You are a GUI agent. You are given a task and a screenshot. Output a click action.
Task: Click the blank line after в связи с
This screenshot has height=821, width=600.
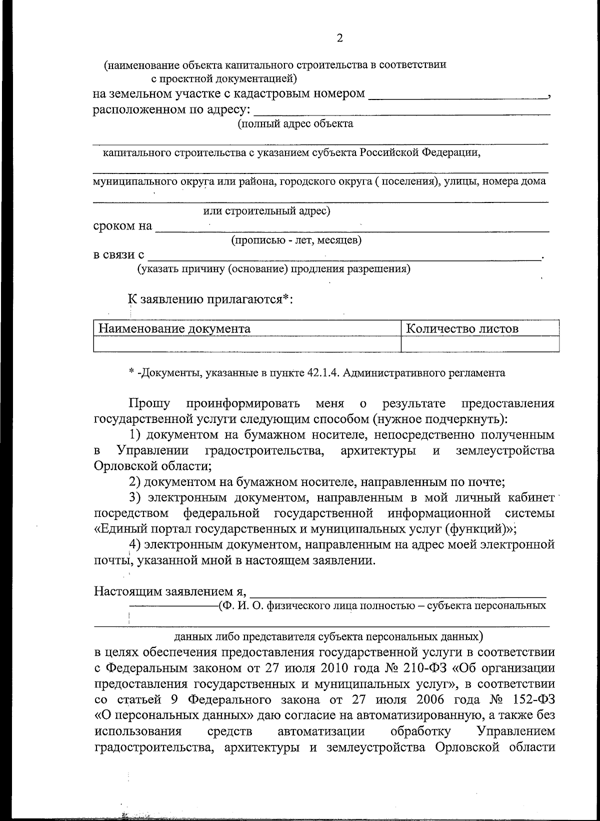(345, 256)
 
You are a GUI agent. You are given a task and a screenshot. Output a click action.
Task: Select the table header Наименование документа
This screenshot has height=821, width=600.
(174, 328)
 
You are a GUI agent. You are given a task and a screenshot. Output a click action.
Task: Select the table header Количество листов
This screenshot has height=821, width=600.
(462, 328)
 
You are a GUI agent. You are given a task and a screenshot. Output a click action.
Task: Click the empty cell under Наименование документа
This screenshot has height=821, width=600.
(247, 344)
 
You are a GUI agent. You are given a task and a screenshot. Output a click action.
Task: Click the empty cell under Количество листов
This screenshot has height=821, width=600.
(480, 344)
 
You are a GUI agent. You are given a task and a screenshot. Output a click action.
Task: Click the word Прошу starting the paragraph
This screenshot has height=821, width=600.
(149, 403)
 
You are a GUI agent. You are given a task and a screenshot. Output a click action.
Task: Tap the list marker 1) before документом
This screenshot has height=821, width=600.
(134, 435)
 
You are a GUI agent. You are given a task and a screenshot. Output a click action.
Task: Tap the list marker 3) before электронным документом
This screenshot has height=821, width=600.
(134, 498)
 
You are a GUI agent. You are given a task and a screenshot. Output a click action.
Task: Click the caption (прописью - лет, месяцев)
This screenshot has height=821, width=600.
(296, 241)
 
